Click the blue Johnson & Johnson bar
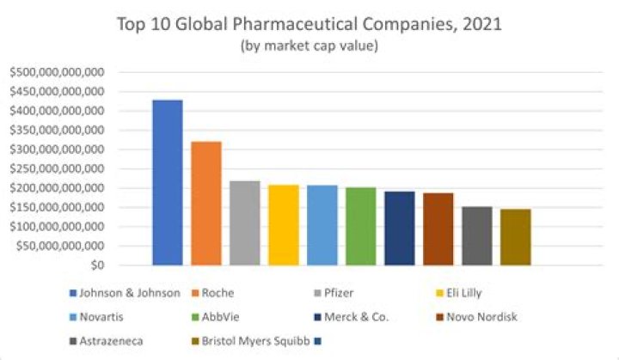pos(167,182)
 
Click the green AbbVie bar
pos(360,226)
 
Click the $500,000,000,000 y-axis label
pos(56,72)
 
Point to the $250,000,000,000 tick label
pos(56,168)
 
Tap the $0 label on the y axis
pos(95,265)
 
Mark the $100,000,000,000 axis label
pos(56,227)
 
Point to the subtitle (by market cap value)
pos(309,46)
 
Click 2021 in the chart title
pos(480,25)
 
